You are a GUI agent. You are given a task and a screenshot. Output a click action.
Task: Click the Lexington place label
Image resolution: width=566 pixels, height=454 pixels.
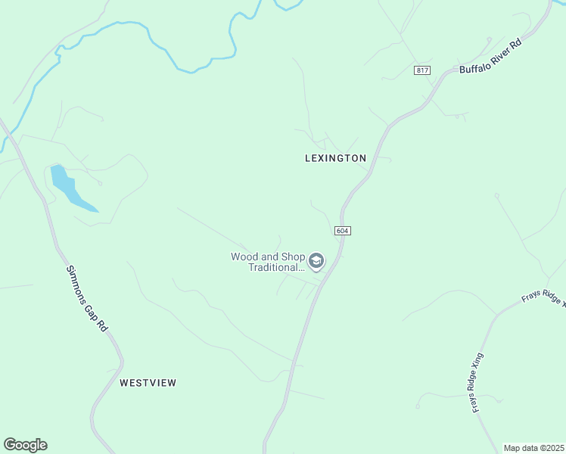[x=335, y=158]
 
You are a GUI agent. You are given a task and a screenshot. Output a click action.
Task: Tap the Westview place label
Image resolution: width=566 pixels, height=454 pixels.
[x=148, y=383]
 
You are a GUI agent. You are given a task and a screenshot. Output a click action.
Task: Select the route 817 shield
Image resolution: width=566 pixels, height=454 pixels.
[x=422, y=70]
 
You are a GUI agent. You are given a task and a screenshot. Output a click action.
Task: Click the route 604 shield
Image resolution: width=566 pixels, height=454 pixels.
[x=341, y=229]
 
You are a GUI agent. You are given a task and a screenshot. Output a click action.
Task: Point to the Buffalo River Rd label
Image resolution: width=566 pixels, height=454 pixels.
[x=490, y=58]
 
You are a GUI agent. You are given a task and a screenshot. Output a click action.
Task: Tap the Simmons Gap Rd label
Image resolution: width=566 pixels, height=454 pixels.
[x=86, y=298]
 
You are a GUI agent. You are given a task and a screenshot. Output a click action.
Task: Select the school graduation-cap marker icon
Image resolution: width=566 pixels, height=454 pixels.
[x=316, y=262]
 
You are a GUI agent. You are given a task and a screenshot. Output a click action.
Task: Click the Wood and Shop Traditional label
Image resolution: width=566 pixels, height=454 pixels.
[x=267, y=262]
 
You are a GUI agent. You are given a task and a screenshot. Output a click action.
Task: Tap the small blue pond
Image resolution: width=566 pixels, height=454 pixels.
[x=69, y=187]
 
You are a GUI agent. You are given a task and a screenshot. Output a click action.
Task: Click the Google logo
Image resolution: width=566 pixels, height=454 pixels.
[x=25, y=445]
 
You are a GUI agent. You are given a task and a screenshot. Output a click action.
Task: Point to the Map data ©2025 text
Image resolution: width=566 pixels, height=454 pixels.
[x=534, y=448]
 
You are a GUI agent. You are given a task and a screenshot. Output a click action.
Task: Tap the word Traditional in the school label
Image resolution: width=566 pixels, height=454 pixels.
[x=275, y=268]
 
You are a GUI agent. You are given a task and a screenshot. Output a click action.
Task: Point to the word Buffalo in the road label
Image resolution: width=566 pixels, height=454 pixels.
[x=473, y=66]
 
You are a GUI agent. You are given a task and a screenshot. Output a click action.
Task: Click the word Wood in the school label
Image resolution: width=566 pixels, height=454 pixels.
[x=243, y=257]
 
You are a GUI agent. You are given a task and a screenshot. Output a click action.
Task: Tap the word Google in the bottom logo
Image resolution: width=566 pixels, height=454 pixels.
[x=25, y=445]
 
